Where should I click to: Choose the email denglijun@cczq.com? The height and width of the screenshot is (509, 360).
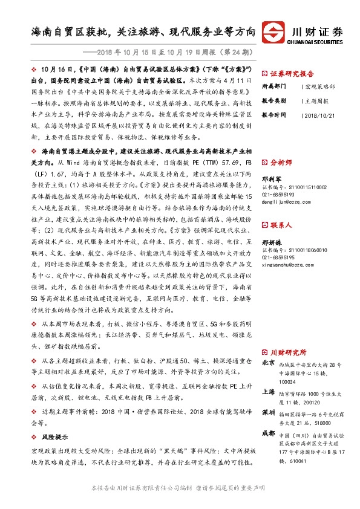(x=287, y=203)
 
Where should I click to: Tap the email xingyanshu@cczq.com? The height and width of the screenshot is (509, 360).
(x=289, y=265)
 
